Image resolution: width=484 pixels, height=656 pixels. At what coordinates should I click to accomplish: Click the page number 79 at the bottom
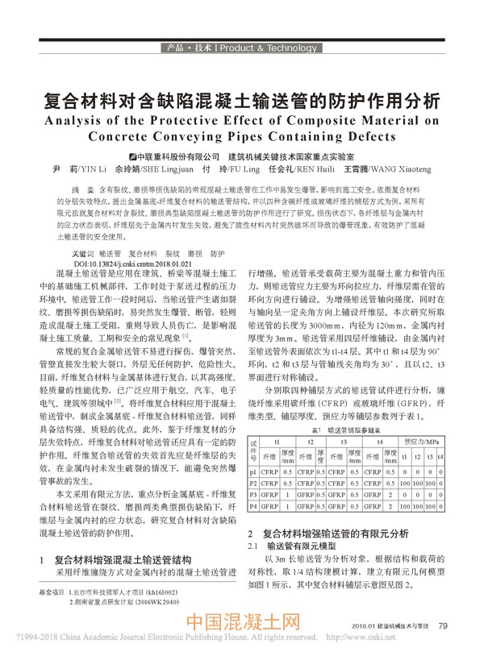[443, 625]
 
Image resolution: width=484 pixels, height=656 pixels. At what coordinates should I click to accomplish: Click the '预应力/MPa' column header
[422, 442]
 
